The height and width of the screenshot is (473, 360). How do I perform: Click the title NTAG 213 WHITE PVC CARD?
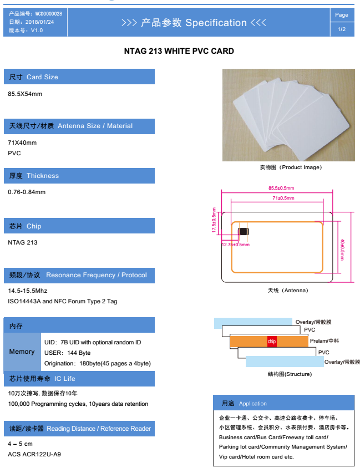[179, 51]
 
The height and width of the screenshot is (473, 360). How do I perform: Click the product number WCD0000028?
[49, 13]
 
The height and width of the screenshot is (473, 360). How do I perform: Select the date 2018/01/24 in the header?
[39, 22]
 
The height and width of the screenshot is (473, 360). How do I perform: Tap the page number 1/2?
[342, 29]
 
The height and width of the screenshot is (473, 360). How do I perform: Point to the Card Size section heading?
[79, 77]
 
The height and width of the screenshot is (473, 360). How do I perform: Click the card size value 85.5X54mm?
[25, 94]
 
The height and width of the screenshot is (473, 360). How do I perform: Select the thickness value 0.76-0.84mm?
[27, 192]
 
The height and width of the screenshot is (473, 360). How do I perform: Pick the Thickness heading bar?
[79, 176]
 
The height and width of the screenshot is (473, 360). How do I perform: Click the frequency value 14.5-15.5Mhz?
[28, 291]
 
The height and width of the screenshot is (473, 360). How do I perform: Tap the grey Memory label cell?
[22, 352]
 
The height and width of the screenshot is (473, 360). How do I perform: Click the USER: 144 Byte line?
[67, 353]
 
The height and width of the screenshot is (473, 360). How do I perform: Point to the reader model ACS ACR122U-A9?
[34, 454]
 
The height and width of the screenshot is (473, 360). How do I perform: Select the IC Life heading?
[79, 379]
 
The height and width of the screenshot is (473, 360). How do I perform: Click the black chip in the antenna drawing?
[243, 231]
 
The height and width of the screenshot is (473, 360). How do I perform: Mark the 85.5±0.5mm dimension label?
[281, 188]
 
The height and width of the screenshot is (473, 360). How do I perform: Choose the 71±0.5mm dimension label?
[283, 198]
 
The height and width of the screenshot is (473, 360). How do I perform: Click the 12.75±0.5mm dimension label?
[236, 245]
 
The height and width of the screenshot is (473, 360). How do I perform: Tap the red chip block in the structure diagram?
[272, 342]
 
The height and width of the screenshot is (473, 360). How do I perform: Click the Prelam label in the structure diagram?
[324, 341]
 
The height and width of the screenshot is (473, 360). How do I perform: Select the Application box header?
[283, 403]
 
